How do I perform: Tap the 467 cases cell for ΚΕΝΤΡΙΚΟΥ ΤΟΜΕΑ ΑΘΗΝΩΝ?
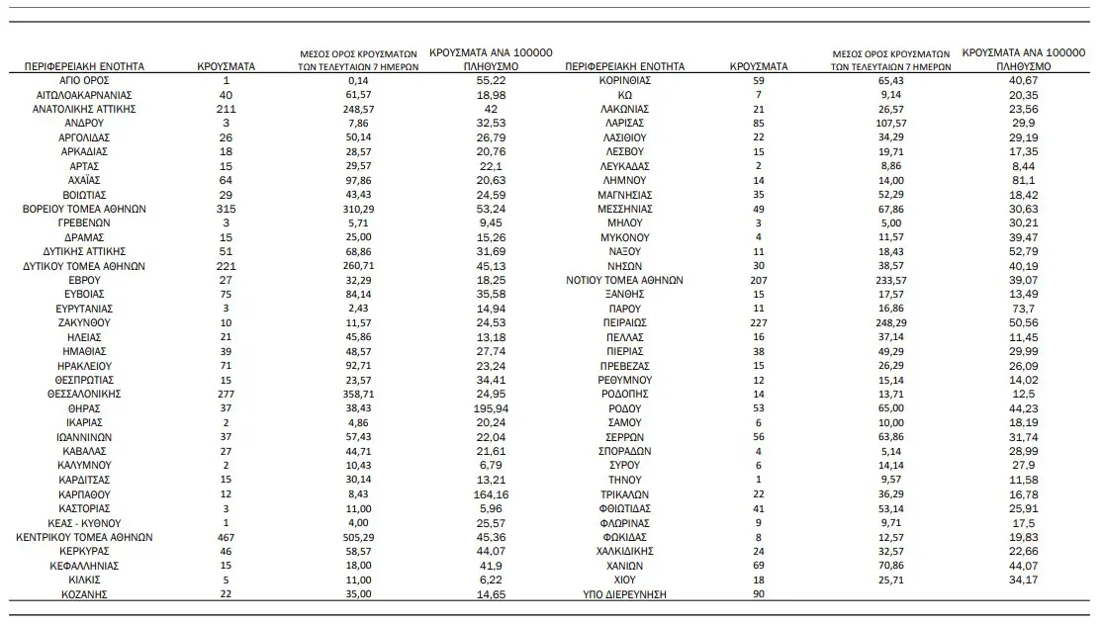227,537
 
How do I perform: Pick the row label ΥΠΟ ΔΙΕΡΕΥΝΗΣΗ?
624,594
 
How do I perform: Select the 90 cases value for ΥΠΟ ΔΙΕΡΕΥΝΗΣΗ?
759,594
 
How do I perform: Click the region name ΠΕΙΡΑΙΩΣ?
624,322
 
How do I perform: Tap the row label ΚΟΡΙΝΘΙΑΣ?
624,80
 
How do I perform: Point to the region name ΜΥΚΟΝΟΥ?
624,237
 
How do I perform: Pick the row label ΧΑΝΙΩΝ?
624,566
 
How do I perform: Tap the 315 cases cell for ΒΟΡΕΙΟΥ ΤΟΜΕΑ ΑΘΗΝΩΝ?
227,209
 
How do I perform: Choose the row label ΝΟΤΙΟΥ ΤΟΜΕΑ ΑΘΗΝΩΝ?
624,280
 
